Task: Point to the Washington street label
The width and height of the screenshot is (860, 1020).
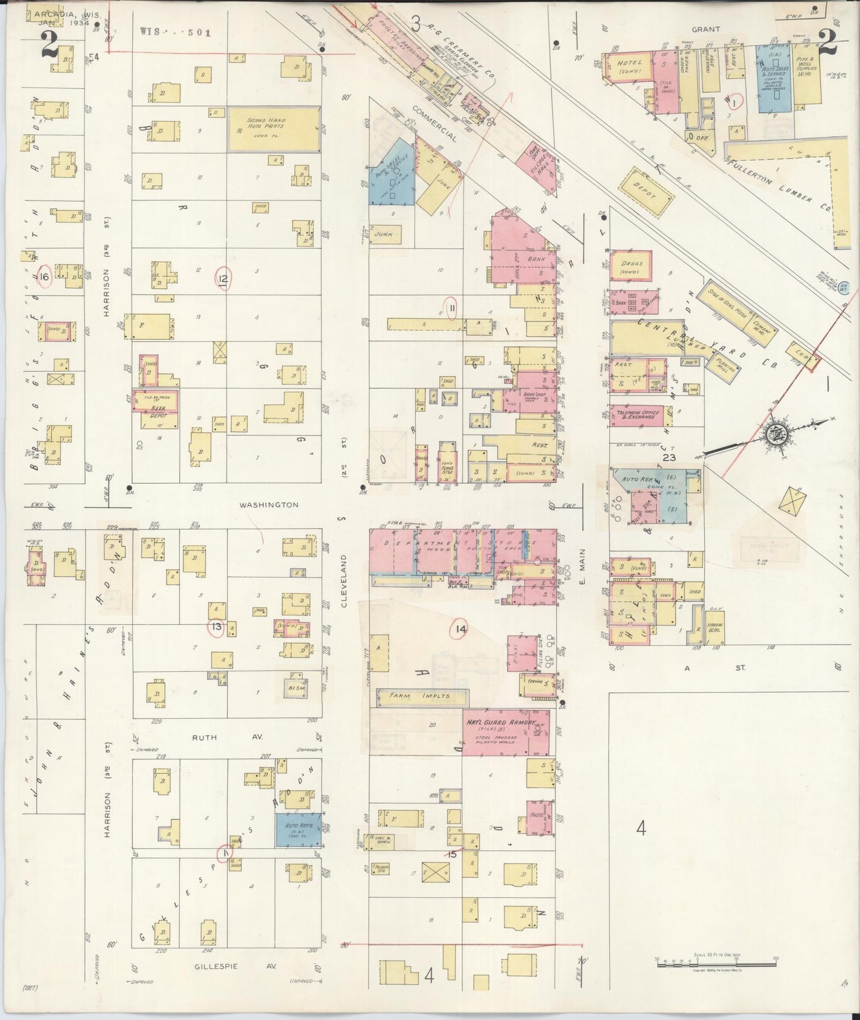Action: pyautogui.click(x=268, y=505)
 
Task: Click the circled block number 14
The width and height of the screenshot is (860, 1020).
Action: pyautogui.click(x=459, y=630)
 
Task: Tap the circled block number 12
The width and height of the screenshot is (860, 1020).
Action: pyautogui.click(x=224, y=278)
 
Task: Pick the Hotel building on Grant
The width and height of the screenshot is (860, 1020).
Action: pyautogui.click(x=628, y=67)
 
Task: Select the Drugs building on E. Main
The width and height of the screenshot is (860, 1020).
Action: pyautogui.click(x=630, y=266)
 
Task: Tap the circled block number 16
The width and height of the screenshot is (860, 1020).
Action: pyautogui.click(x=43, y=277)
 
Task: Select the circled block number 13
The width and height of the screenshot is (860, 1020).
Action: pyautogui.click(x=216, y=627)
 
